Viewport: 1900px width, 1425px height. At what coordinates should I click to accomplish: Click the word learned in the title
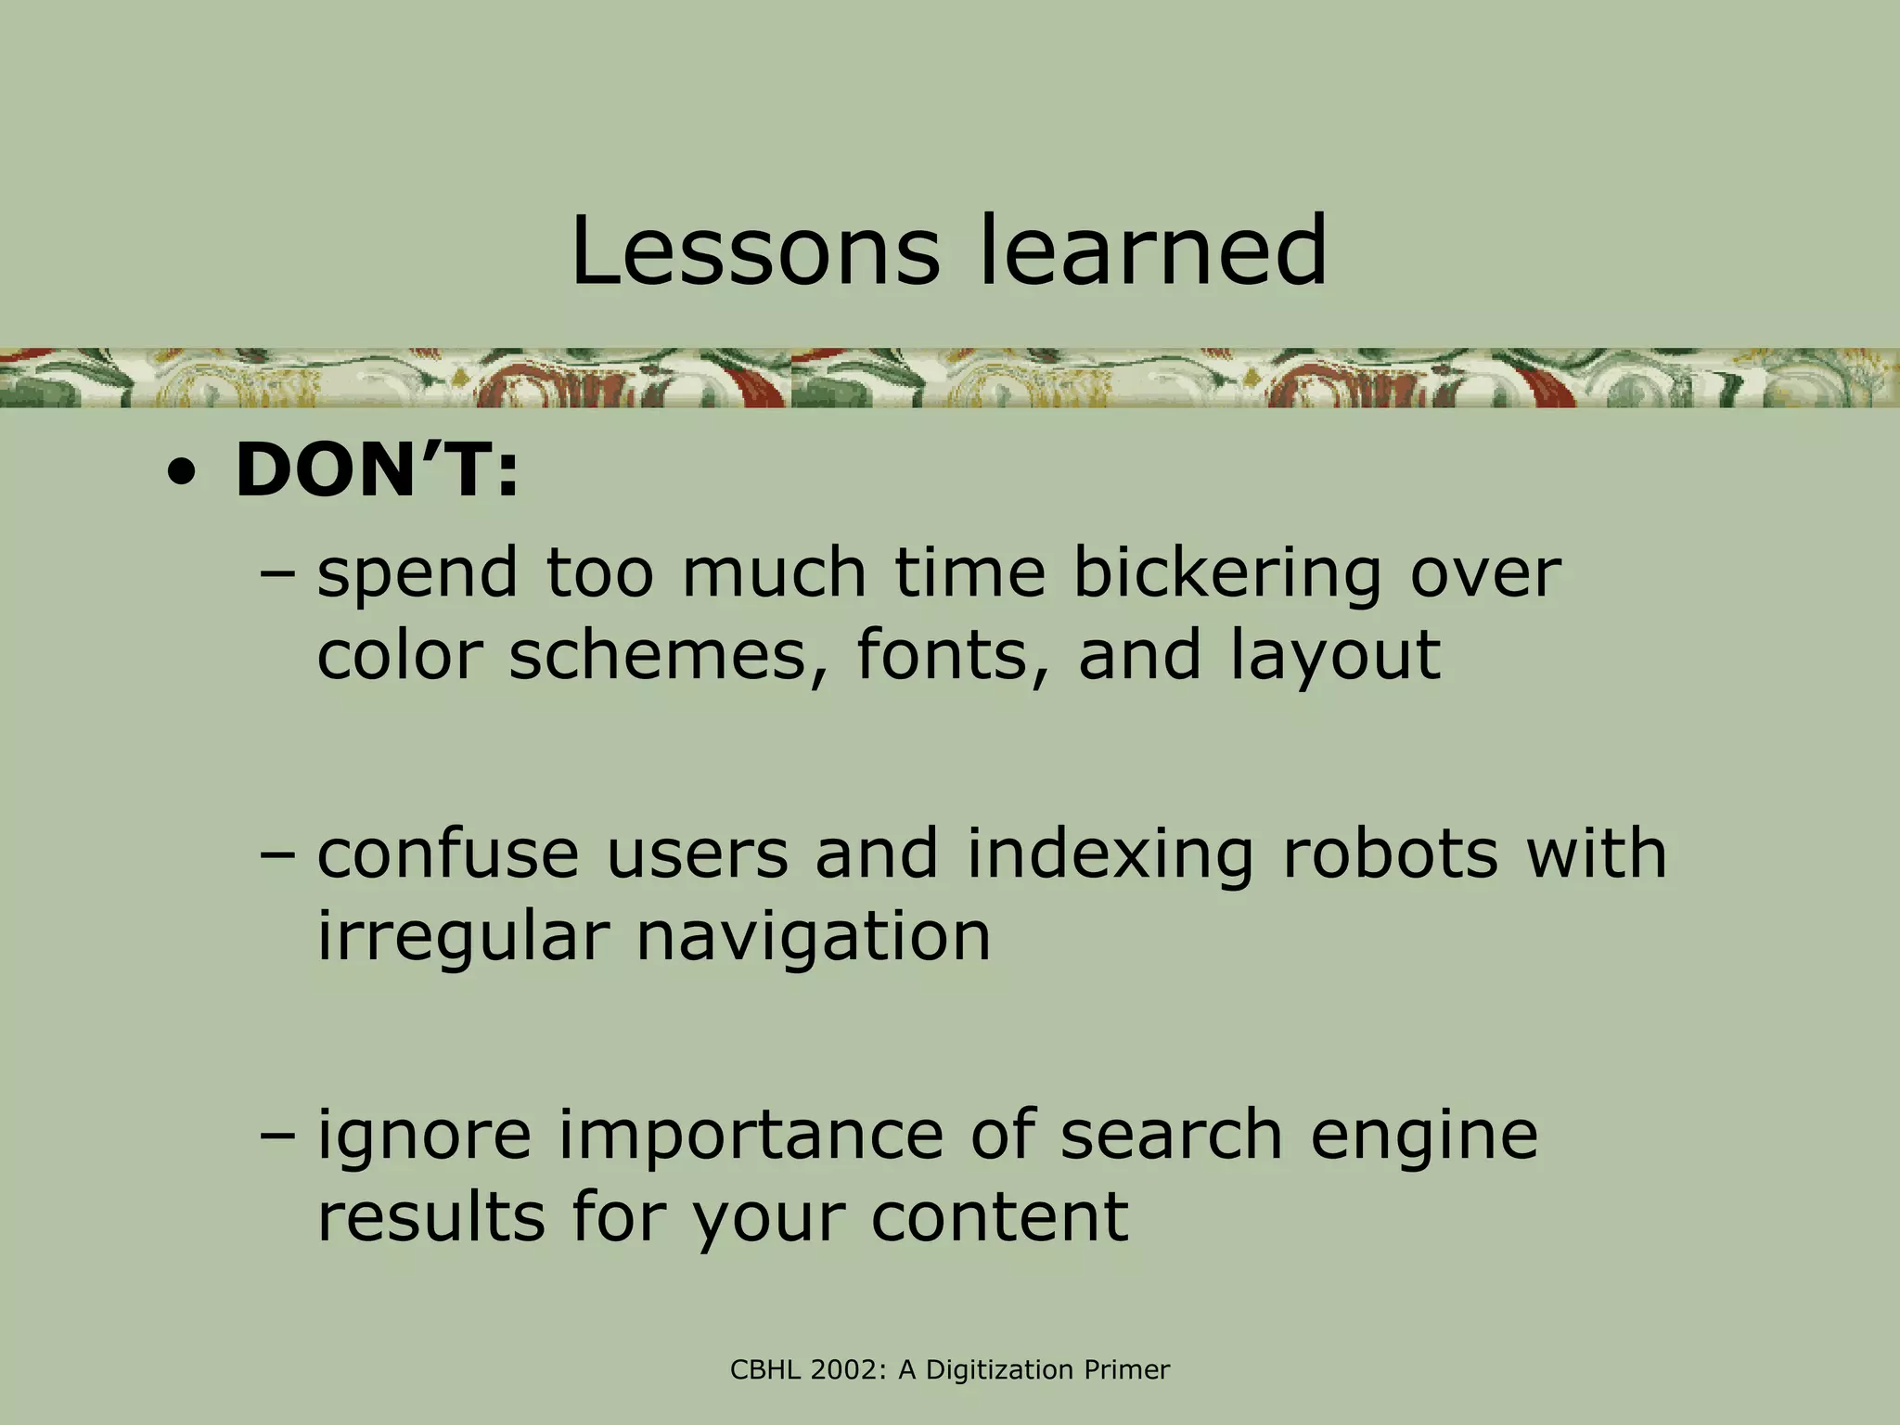point(1154,250)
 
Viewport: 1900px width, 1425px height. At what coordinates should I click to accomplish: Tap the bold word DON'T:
point(377,470)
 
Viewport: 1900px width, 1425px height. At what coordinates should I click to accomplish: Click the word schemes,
point(669,656)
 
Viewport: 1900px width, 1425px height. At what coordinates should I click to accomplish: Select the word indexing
point(1110,855)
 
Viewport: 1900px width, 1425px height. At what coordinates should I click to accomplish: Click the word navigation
point(814,939)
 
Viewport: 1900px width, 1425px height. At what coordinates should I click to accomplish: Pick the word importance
point(750,1136)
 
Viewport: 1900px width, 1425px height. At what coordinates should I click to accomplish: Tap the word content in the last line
point(999,1216)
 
